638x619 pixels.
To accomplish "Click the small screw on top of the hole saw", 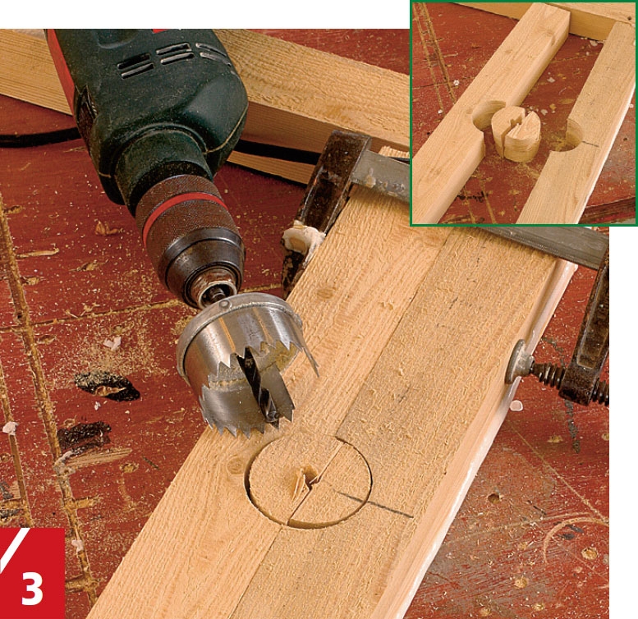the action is coord(223,305).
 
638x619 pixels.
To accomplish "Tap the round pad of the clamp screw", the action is coord(515,362).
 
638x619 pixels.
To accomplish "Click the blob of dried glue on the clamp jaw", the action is coord(301,237).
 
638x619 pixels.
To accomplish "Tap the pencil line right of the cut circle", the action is coord(374,505).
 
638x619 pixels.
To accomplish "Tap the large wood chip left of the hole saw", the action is coord(107,385).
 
